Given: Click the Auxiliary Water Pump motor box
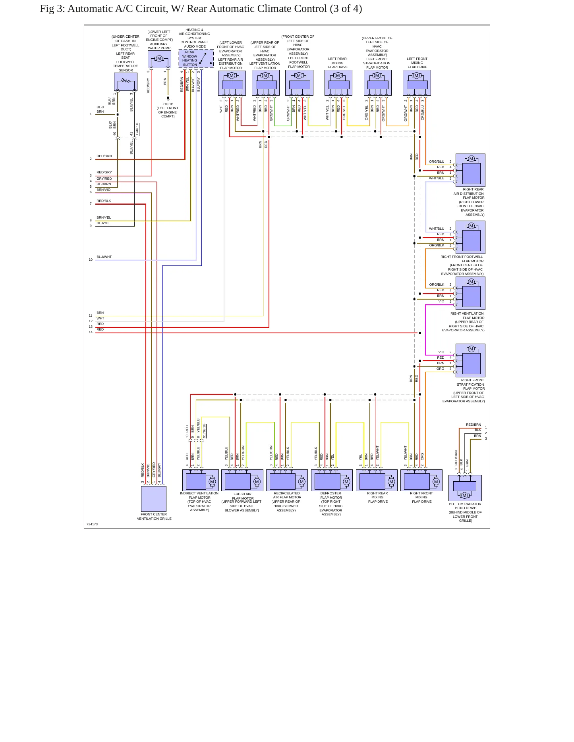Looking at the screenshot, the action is coord(159,59).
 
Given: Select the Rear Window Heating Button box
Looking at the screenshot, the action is coord(196,58).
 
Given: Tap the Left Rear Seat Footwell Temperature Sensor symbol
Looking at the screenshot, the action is coord(126,82).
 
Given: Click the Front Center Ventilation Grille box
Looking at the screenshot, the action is coord(154,499).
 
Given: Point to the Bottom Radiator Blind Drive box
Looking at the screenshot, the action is coord(465,488).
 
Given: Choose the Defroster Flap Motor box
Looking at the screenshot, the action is coord(332,481).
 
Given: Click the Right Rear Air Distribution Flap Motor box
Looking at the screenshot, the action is coord(470,170).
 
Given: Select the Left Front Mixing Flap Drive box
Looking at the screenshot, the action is coord(417,83).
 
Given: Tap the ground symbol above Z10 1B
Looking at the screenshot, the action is coord(168,98).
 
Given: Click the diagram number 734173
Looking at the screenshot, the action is coord(92,524).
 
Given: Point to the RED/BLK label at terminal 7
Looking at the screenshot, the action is coord(104,201).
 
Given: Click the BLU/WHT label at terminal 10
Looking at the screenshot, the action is coord(104,257).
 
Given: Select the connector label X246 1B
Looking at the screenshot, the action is coord(137,129).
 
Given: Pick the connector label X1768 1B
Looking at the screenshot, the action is coord(205,431).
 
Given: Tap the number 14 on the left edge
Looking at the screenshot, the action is coord(91,332).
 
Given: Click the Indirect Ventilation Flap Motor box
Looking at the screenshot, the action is coord(201,481).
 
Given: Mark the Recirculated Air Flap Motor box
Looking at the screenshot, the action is coord(287,481).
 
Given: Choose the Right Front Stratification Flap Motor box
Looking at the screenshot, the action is coord(470,360).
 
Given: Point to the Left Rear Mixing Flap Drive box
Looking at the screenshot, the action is coord(338,83).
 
